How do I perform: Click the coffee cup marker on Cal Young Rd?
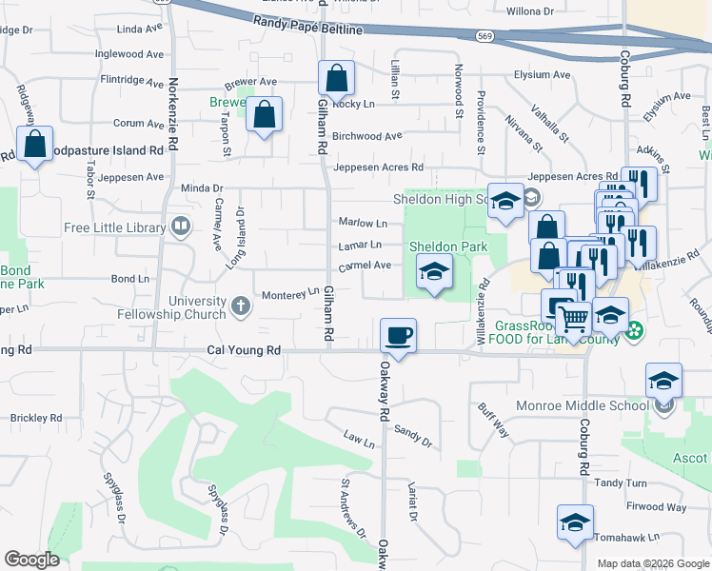point(398,335)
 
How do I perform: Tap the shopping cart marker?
point(572,319)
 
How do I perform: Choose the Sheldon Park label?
point(448,246)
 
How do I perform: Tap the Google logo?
point(31,559)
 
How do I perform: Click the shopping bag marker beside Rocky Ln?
point(336,77)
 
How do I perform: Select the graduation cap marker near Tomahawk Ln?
point(575,522)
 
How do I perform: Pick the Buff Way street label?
point(494,420)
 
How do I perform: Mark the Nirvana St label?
point(525,135)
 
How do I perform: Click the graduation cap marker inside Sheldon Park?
point(433,274)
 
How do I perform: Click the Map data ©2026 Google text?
point(652,562)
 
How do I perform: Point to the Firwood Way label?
point(657,507)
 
